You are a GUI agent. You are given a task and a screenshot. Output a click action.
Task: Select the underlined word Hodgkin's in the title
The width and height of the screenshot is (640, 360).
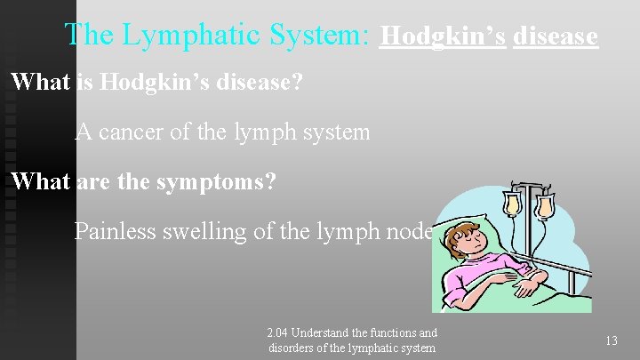coord(443,36)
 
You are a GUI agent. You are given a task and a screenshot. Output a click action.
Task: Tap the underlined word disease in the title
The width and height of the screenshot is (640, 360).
coord(556,36)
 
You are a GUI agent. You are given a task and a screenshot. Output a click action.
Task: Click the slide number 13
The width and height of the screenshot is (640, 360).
coord(611,341)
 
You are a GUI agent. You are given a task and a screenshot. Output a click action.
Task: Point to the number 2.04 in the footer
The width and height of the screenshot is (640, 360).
coord(278,332)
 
